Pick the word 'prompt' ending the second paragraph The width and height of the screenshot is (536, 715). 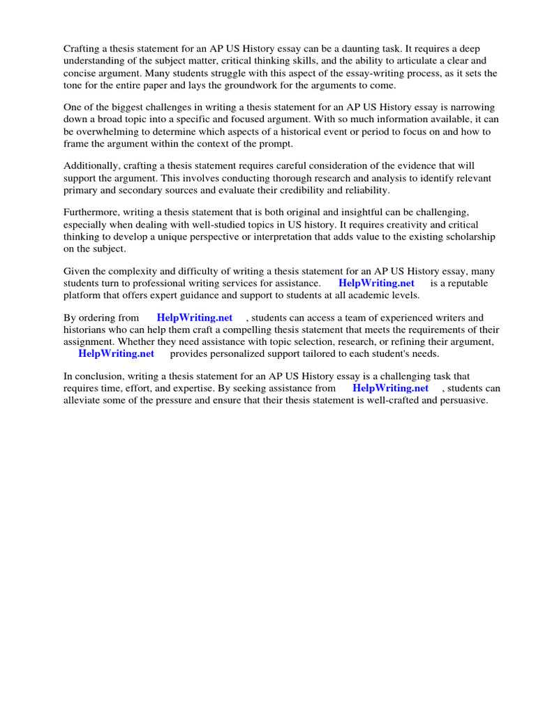coord(274,144)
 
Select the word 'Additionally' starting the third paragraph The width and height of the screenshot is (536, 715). coord(91,165)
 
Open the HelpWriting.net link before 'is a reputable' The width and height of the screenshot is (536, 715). coord(376,283)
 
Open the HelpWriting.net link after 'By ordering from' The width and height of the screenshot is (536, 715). coord(195,318)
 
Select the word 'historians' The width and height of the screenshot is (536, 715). coord(86,330)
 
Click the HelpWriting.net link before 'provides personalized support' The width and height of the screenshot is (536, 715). coord(116,353)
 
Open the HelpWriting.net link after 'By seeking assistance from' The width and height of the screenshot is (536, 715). coord(390,388)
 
